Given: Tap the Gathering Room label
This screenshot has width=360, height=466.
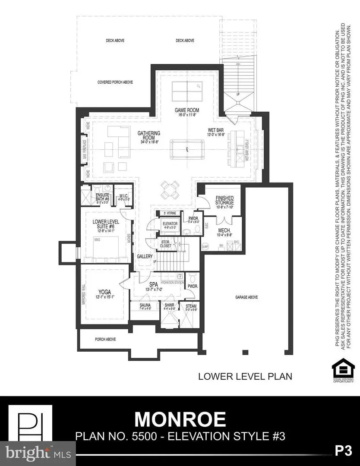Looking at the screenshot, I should point(149,134).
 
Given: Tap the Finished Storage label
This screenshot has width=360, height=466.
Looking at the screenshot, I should point(224,200).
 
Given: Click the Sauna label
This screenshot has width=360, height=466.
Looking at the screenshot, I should point(145,305).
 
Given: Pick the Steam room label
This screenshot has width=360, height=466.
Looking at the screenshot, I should point(191,305).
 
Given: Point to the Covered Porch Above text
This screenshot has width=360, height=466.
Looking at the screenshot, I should point(115,82).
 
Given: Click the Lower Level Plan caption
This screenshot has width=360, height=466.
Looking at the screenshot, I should point(245,376).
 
